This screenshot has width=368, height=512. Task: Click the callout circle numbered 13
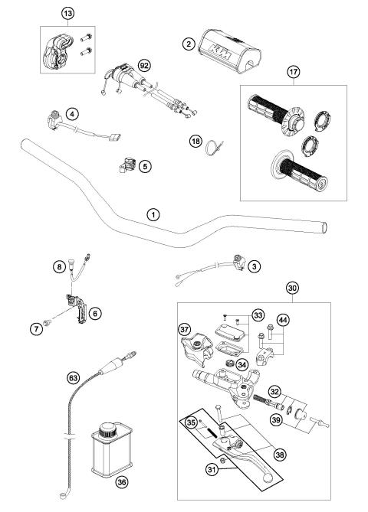pos(68,14)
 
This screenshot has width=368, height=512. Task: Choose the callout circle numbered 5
pos(145,165)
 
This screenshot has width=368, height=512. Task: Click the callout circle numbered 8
pos(58,266)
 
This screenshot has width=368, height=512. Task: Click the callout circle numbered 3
pos(255,266)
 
